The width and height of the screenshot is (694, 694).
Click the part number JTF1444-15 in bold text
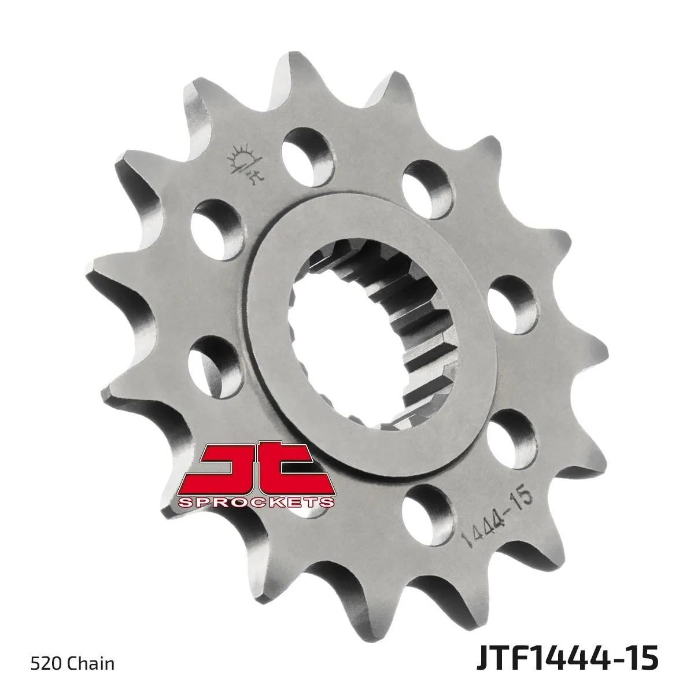coord(567,659)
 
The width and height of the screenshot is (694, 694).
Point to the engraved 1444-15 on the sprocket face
coord(498,522)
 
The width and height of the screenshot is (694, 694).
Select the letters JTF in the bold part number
coord(502,659)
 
